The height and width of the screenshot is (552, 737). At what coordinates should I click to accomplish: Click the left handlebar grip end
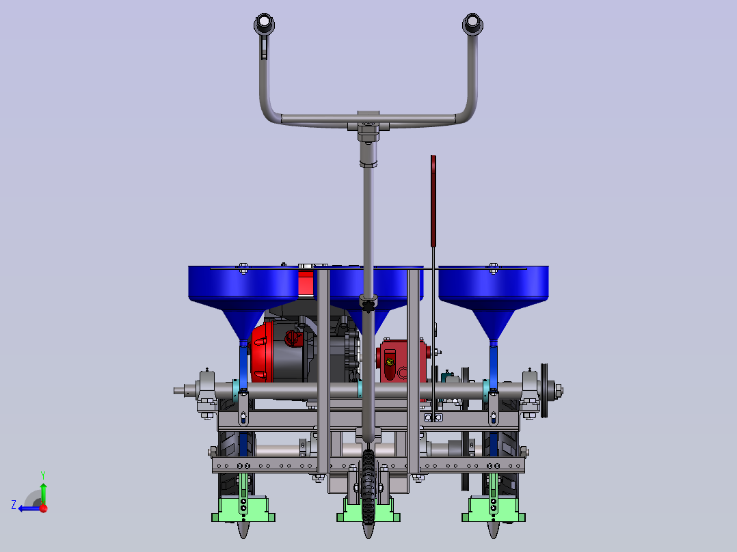pyautogui.click(x=264, y=24)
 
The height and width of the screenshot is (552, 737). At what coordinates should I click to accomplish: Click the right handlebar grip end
pyautogui.click(x=472, y=24)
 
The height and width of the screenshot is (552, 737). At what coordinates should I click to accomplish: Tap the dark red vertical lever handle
pyautogui.click(x=433, y=201)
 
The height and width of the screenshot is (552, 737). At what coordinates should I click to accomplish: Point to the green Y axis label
pyautogui.click(x=43, y=475)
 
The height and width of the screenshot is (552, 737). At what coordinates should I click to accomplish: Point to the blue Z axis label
pyautogui.click(x=14, y=505)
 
